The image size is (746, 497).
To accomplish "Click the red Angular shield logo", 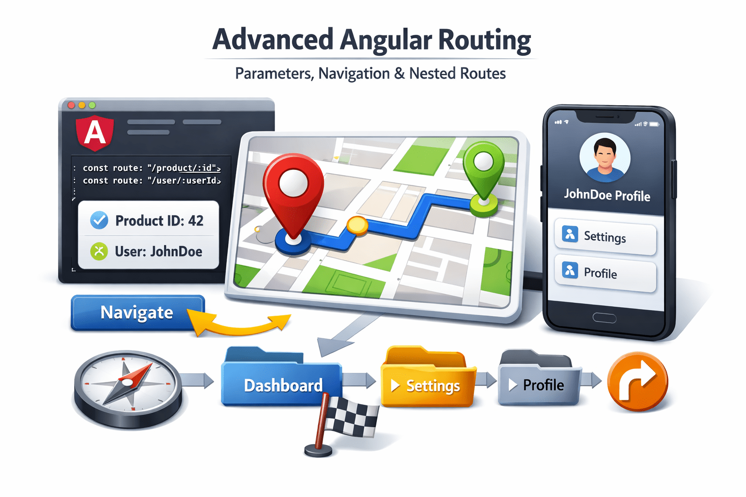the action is pos(95,133).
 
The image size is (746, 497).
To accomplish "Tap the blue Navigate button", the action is pos(137,313).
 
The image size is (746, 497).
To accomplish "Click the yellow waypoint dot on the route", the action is pos(357,225).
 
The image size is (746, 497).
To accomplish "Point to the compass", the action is pos(127,388).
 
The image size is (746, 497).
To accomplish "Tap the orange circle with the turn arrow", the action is pos(638,381).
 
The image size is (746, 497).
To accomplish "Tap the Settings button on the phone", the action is pos(605,237).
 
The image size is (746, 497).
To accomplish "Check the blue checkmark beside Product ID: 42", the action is pos(100,220).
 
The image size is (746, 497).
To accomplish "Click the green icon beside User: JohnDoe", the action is pos(99,251).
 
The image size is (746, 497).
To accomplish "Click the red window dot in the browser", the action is pos(71,105).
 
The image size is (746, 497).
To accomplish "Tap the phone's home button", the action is pos(605,318).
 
